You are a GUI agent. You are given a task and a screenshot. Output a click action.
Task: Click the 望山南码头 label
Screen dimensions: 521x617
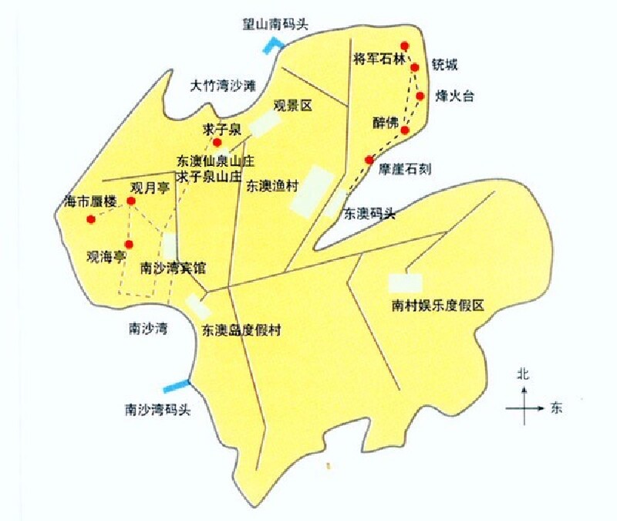(x=275, y=24)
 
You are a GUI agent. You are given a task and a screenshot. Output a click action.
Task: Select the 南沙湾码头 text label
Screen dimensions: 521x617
(x=157, y=410)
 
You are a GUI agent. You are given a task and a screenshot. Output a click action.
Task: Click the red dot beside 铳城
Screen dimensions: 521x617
(x=414, y=68)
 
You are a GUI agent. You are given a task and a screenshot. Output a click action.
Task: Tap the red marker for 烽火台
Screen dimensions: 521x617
(x=420, y=96)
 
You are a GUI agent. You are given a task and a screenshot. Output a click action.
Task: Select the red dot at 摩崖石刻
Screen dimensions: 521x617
(x=370, y=161)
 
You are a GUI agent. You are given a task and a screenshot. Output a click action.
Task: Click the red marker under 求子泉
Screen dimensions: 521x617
(x=217, y=142)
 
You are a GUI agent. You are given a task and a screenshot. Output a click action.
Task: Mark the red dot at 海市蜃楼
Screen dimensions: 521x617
(x=91, y=219)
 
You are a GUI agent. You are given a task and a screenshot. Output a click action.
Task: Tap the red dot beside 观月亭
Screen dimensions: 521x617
(x=131, y=201)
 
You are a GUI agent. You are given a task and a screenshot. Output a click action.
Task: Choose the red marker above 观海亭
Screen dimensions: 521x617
(x=129, y=244)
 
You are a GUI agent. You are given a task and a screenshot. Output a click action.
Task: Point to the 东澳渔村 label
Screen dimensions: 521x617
(x=272, y=185)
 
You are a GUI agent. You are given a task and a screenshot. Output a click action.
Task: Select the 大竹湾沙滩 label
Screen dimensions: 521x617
(x=223, y=86)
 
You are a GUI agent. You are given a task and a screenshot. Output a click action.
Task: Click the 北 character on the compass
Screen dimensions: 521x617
(x=523, y=374)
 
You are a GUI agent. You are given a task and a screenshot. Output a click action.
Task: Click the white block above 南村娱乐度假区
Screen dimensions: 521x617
(x=405, y=282)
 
